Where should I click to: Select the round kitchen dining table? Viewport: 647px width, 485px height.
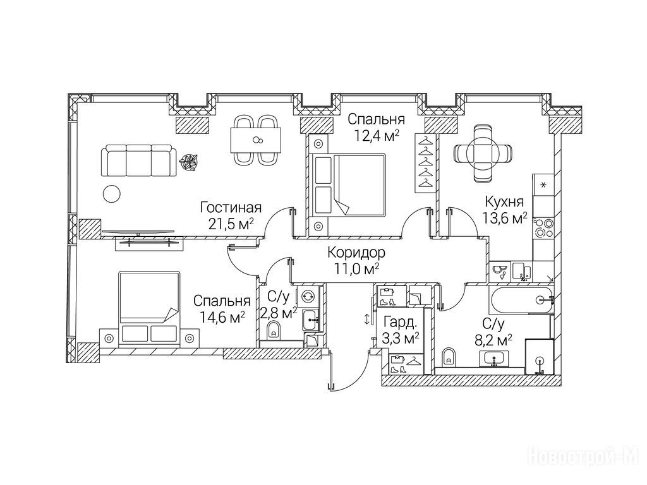482,153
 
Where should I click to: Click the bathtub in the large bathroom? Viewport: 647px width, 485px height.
521,300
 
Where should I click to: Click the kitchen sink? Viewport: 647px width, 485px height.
521,272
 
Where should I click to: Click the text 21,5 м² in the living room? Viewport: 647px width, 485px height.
231,224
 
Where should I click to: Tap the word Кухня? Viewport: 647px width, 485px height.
504,201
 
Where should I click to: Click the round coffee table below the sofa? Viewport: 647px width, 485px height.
111,193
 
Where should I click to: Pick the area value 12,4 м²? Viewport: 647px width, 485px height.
377,135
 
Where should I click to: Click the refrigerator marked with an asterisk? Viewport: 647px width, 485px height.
543,185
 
